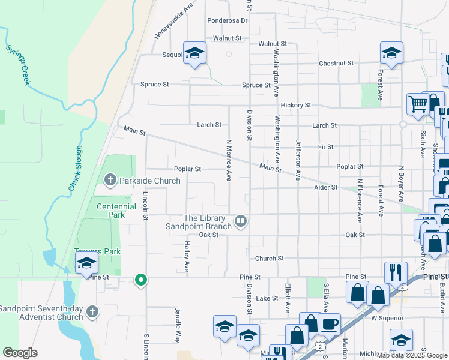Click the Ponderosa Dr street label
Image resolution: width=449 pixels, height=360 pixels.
[x=228, y=20]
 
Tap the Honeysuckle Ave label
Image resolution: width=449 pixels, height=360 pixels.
[x=174, y=20]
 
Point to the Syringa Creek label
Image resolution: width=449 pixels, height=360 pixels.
[x=18, y=64]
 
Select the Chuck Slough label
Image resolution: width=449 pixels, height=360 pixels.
[x=75, y=169]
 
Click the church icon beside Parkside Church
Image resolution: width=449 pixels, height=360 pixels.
[x=110, y=180]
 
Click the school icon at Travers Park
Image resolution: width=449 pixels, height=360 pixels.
[x=86, y=262]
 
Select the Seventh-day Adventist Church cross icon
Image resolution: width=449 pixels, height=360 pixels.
[x=92, y=311]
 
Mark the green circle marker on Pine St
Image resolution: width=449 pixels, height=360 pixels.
[x=141, y=279]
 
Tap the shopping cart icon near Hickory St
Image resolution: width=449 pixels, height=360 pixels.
[x=417, y=103]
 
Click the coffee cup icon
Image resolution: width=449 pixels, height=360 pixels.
[x=330, y=324]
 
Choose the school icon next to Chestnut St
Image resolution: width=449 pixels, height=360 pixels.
[x=391, y=53]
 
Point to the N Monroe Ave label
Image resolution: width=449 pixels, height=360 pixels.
[x=229, y=160]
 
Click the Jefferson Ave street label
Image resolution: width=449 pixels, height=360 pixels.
[x=297, y=160]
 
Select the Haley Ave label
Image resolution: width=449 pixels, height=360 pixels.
[x=187, y=256]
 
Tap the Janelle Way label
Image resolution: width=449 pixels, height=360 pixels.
[x=178, y=324]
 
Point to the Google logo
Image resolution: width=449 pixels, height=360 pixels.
[x=20, y=353]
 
